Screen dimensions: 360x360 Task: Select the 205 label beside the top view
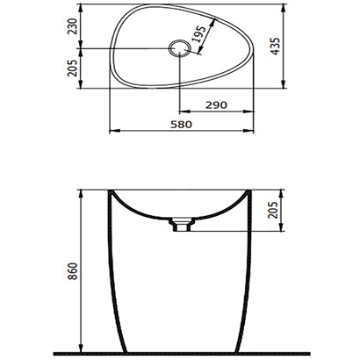(71, 68)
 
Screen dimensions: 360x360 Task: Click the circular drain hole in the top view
(179, 48)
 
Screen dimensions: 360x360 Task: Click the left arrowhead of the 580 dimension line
(112, 133)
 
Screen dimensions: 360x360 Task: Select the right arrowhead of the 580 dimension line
(255, 133)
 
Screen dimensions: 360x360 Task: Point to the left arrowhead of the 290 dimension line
(182, 112)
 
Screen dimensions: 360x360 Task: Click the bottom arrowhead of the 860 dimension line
(81, 345)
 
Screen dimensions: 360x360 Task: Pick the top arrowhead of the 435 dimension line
(284, 10)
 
